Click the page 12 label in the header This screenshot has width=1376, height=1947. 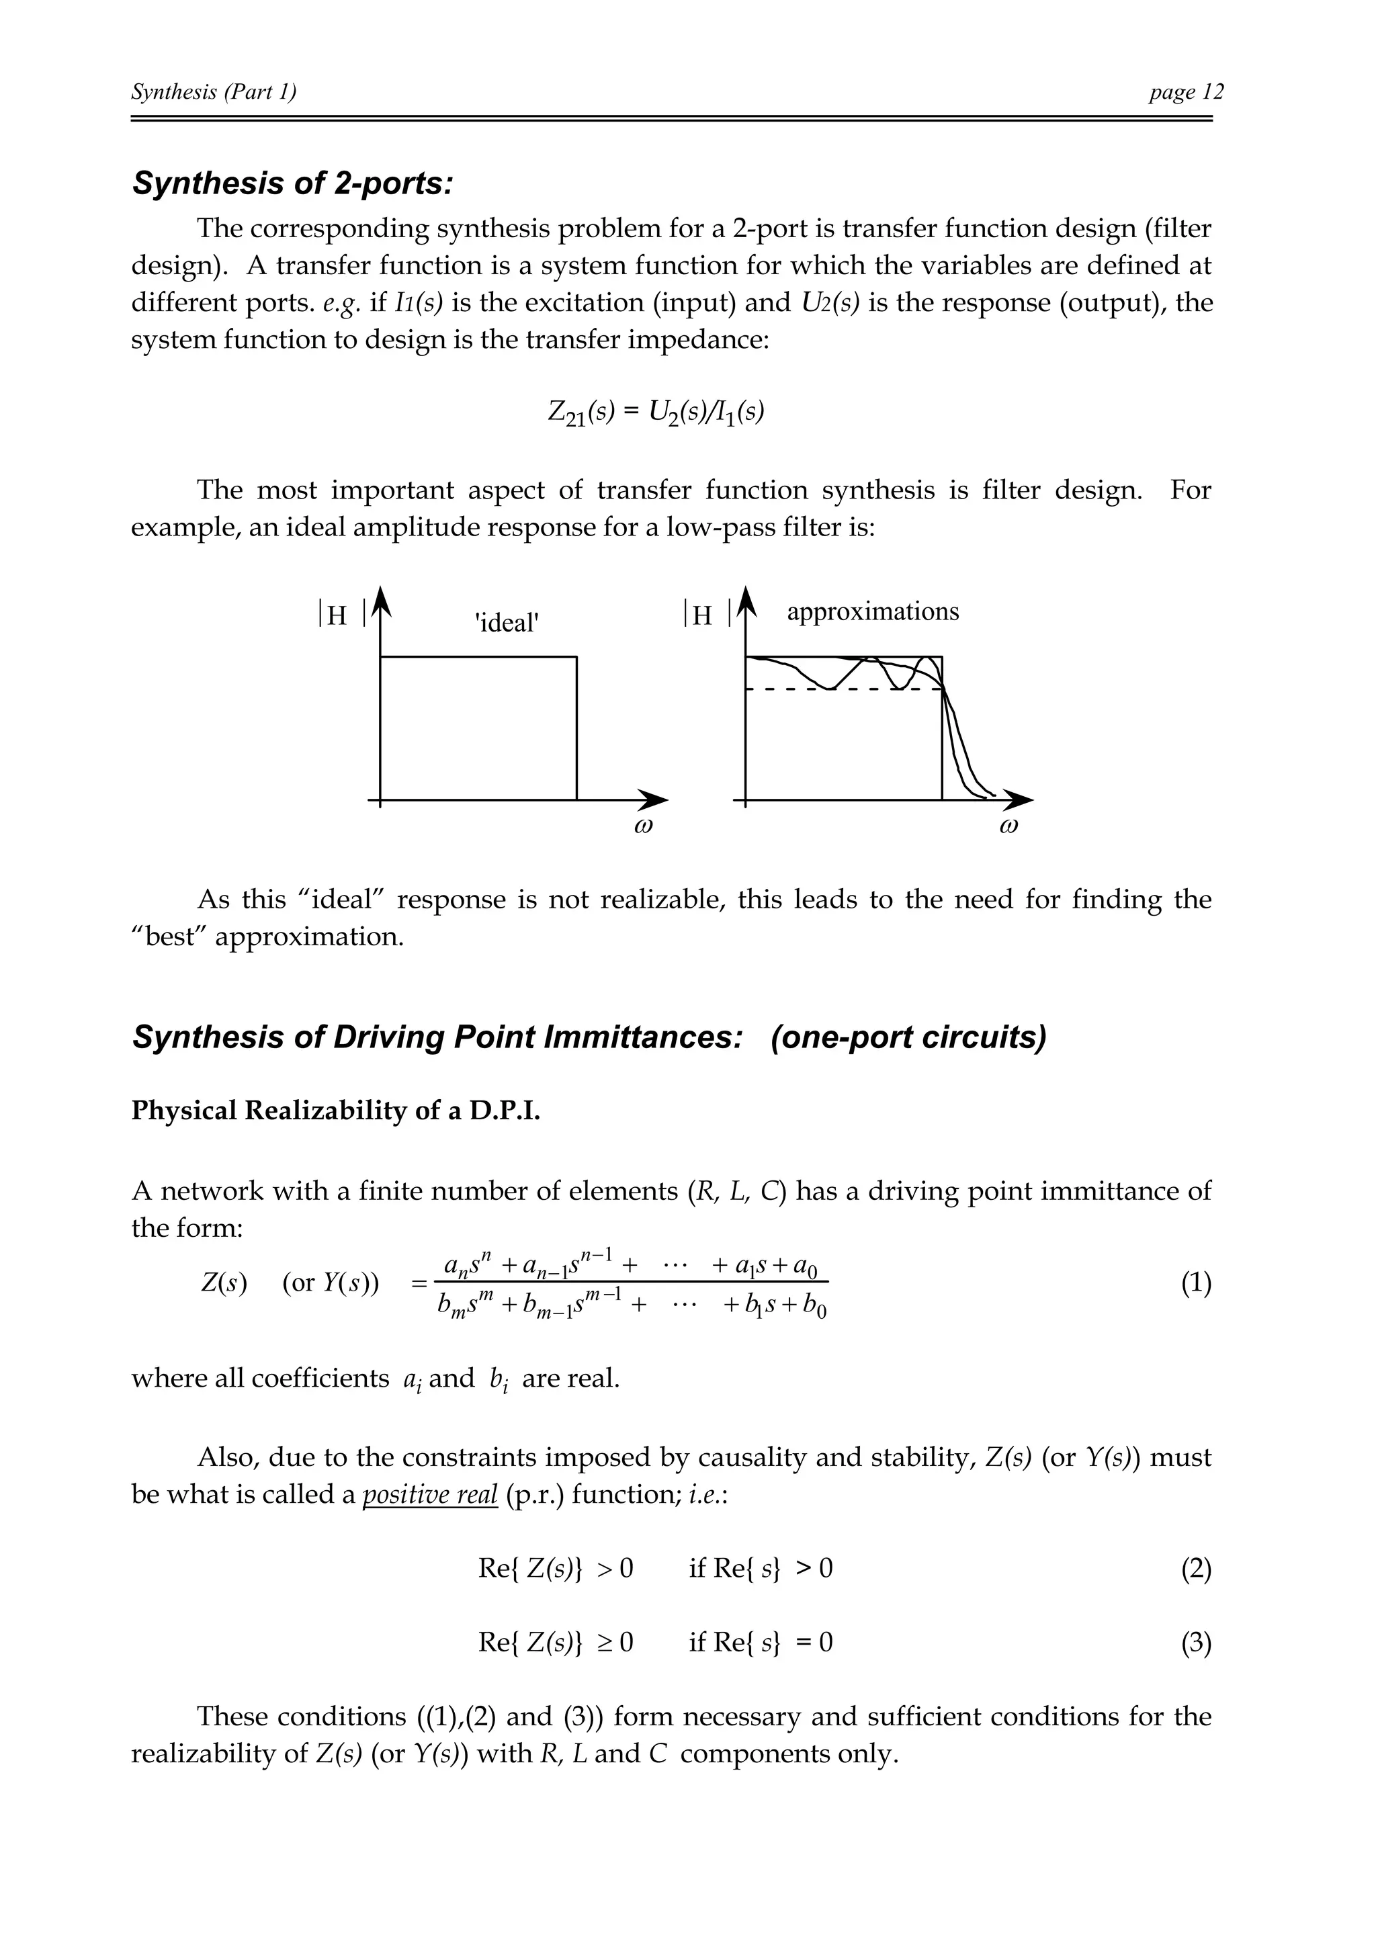tap(1186, 91)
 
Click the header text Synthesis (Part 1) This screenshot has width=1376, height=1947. tap(214, 91)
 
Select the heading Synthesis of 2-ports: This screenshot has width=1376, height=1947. tap(292, 183)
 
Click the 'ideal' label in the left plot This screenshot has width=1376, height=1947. tap(507, 623)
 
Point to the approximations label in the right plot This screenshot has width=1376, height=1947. tap(872, 611)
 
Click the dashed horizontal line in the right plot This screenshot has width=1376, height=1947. tap(814, 689)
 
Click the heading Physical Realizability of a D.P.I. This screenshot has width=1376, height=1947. tap(336, 1111)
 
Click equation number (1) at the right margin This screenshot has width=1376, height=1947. tap(1195, 1284)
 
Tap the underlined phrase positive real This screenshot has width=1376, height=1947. tap(430, 1494)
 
